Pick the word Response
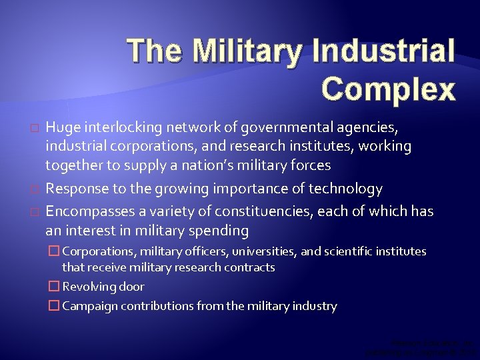77,189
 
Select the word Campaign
90,307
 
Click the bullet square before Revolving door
55,287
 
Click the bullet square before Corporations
55,251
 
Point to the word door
131,287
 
